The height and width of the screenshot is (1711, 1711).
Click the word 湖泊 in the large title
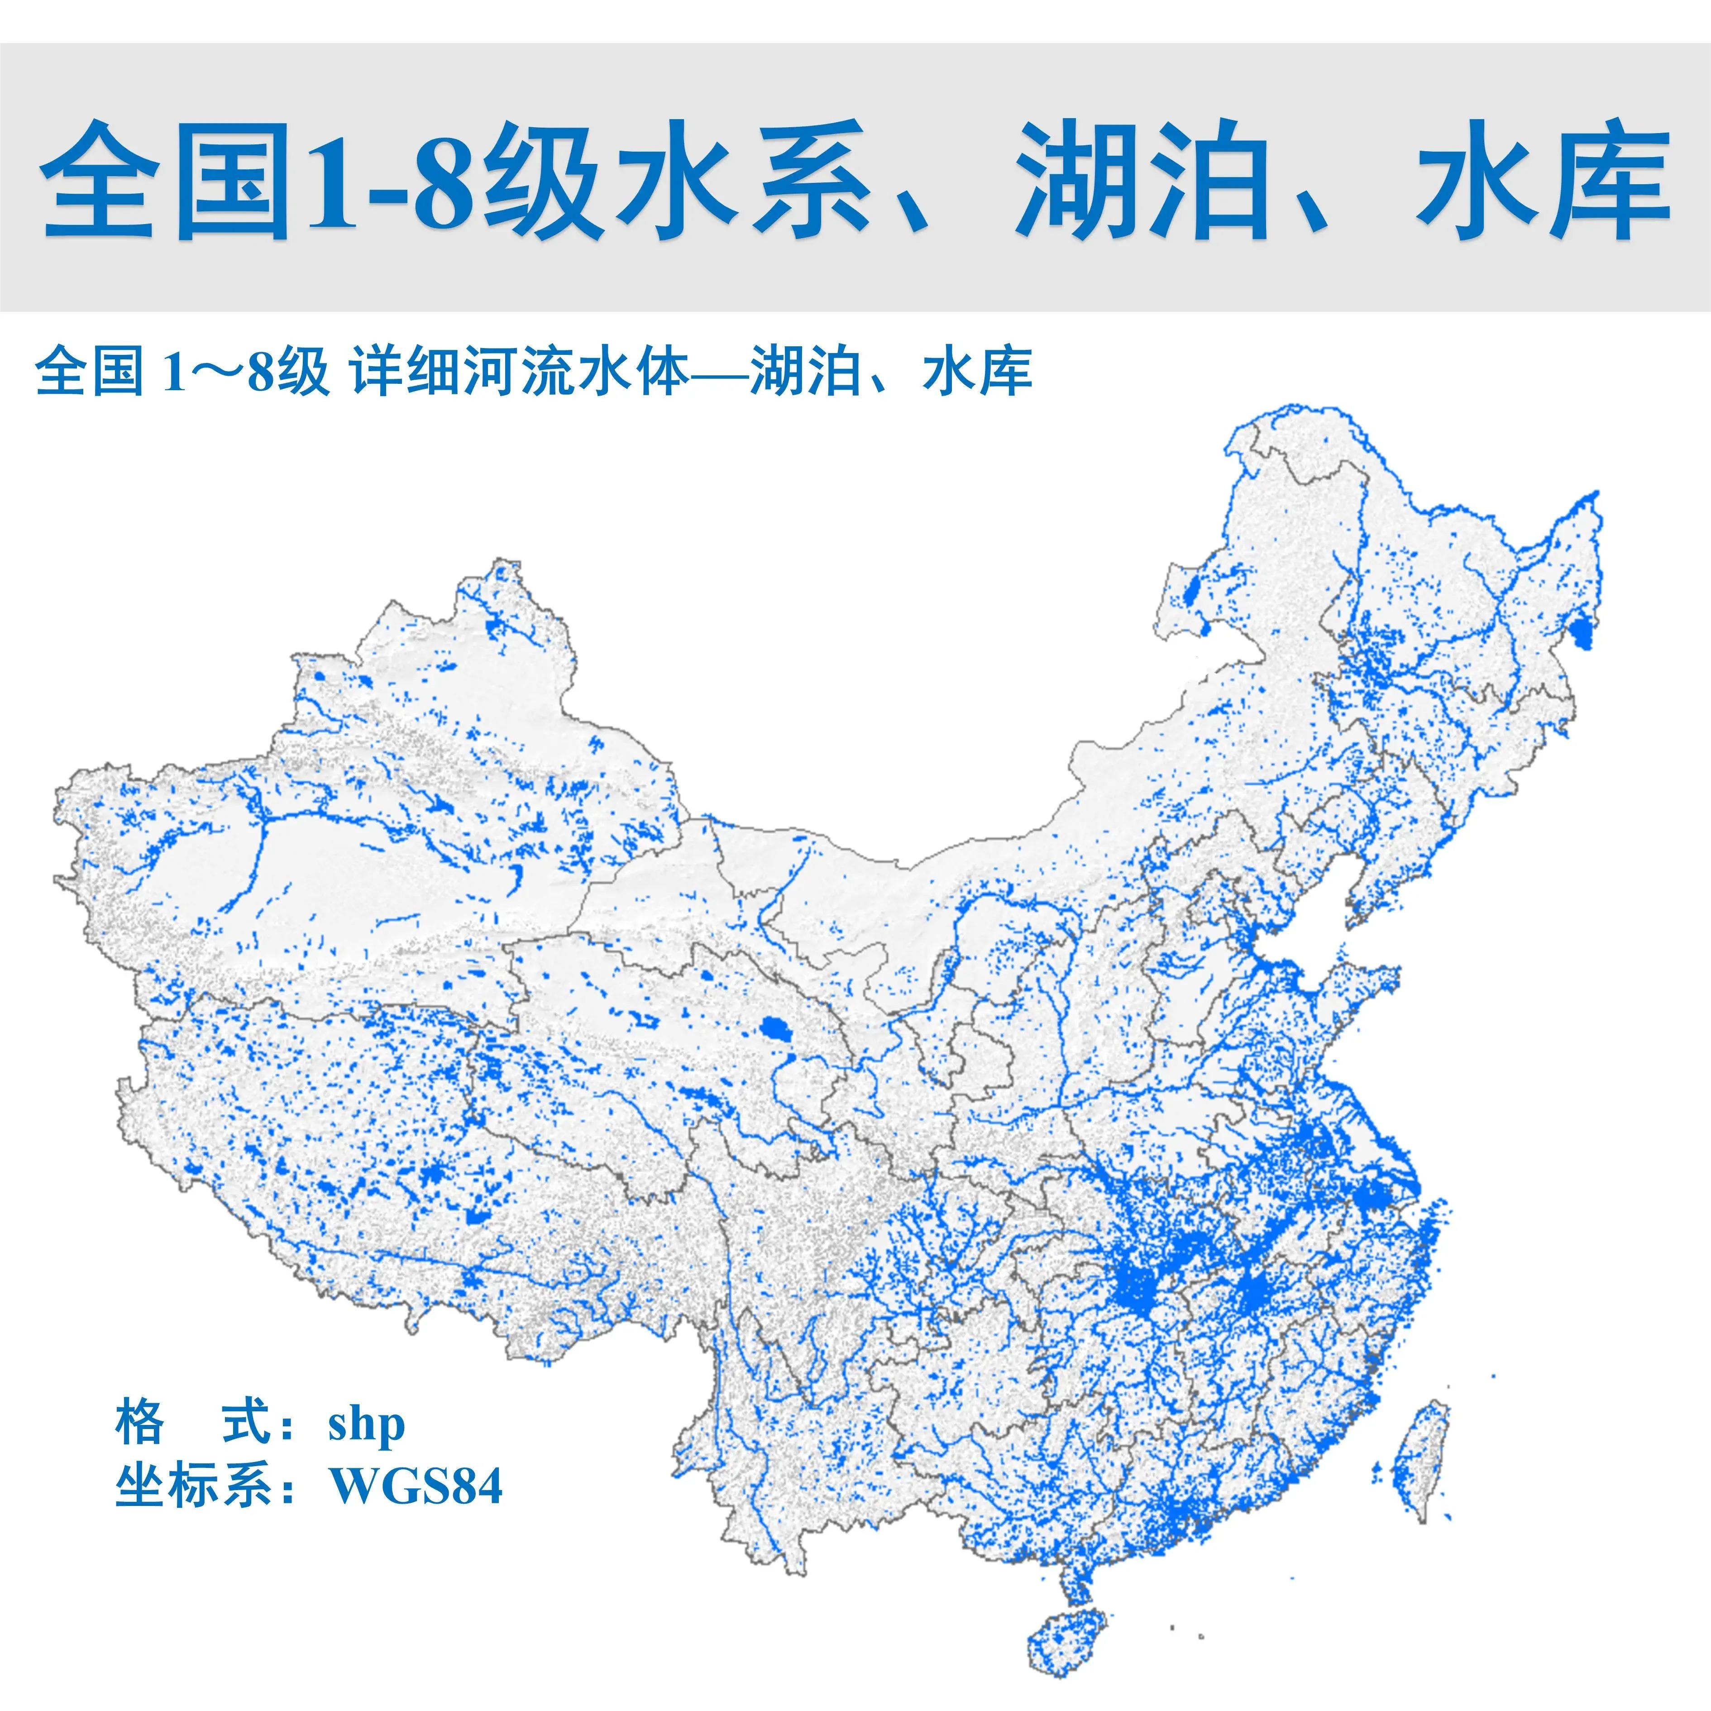(1142, 182)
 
